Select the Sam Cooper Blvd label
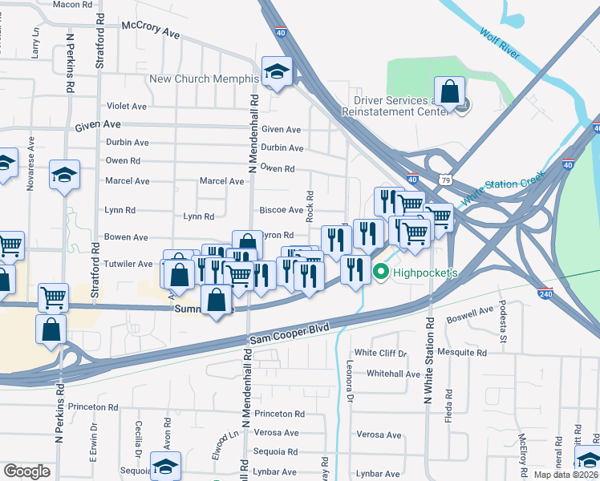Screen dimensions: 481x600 pyautogui.click(x=290, y=333)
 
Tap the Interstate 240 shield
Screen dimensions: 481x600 pyautogui.click(x=545, y=294)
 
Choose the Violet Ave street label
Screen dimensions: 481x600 pyautogui.click(x=127, y=106)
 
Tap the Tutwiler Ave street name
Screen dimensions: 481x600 pyautogui.click(x=128, y=264)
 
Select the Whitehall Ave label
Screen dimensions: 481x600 pyautogui.click(x=393, y=374)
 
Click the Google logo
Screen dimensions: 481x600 pyautogui.click(x=26, y=471)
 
